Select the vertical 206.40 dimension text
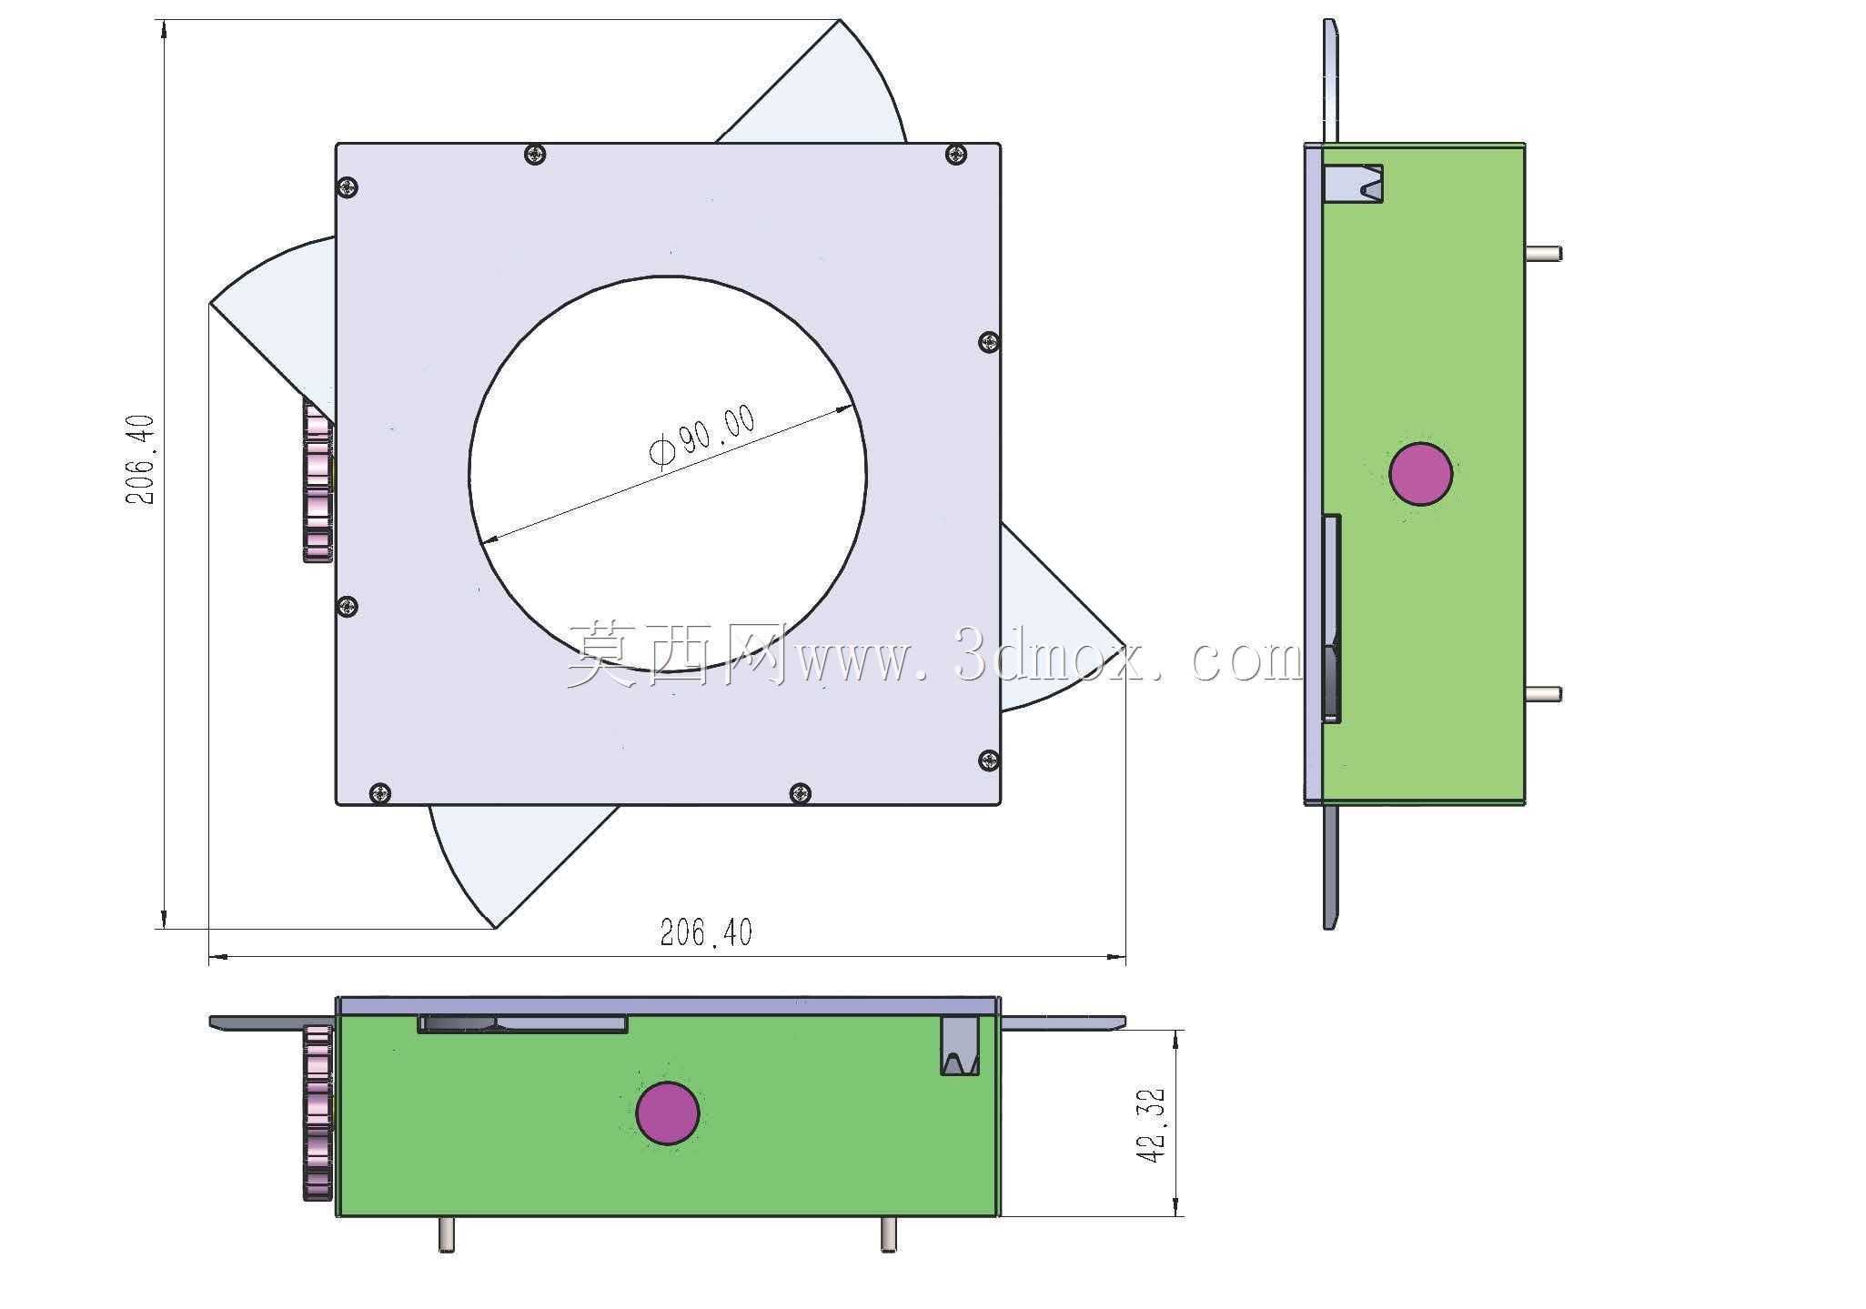pyautogui.click(x=140, y=459)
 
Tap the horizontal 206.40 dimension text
pyautogui.click(x=706, y=932)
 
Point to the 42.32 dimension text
pyautogui.click(x=1150, y=1124)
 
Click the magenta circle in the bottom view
pyautogui.click(x=668, y=1113)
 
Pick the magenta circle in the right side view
pyautogui.click(x=1421, y=474)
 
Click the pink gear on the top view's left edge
pyautogui.click(x=318, y=481)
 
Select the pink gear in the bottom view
pyautogui.click(x=318, y=1113)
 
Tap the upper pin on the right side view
pyautogui.click(x=1543, y=254)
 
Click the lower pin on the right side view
pyautogui.click(x=1543, y=694)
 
